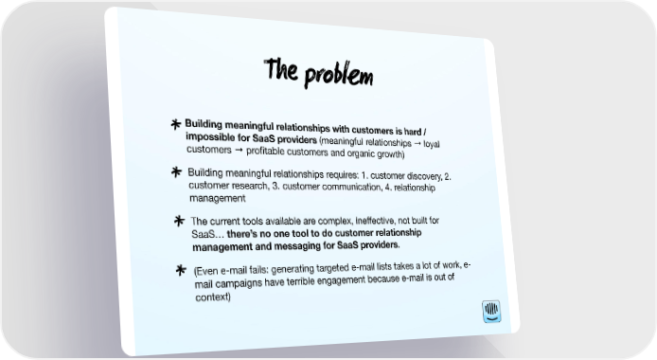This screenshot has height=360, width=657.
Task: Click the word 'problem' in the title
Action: click(339, 76)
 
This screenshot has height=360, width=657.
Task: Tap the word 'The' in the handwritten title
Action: click(281, 69)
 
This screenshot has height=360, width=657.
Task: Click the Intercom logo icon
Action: click(491, 312)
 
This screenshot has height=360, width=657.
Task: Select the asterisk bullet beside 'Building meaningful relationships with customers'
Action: click(176, 124)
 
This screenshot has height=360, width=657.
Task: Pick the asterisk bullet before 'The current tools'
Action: click(179, 221)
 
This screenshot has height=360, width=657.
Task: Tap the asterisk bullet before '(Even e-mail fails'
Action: click(181, 270)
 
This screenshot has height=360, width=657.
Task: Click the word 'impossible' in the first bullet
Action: click(207, 137)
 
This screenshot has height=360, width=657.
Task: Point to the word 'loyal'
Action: click(431, 144)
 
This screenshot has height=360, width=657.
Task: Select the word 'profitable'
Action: click(266, 151)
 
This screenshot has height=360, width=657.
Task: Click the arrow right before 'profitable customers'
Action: click(239, 150)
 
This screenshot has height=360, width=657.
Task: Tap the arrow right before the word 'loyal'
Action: click(417, 144)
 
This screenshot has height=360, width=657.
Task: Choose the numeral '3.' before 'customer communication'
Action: click(275, 186)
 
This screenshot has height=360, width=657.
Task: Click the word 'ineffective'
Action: click(375, 221)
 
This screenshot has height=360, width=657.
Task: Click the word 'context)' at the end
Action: click(213, 297)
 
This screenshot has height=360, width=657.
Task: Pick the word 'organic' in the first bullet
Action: click(363, 153)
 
